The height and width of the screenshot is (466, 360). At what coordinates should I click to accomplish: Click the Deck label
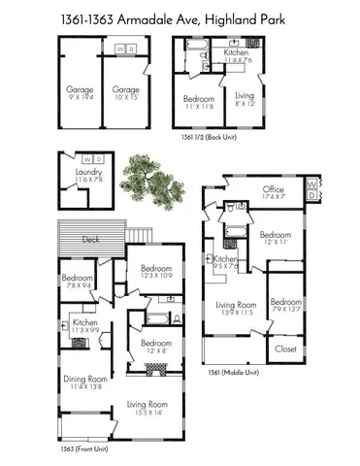(x=90, y=240)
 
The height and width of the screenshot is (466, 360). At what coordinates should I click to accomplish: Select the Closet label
(x=286, y=348)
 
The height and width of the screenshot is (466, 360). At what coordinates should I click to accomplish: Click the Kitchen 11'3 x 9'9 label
(x=85, y=326)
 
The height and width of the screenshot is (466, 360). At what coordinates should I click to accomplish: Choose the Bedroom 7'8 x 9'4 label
(x=79, y=283)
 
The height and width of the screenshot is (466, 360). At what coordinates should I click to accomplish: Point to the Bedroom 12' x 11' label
(x=276, y=238)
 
